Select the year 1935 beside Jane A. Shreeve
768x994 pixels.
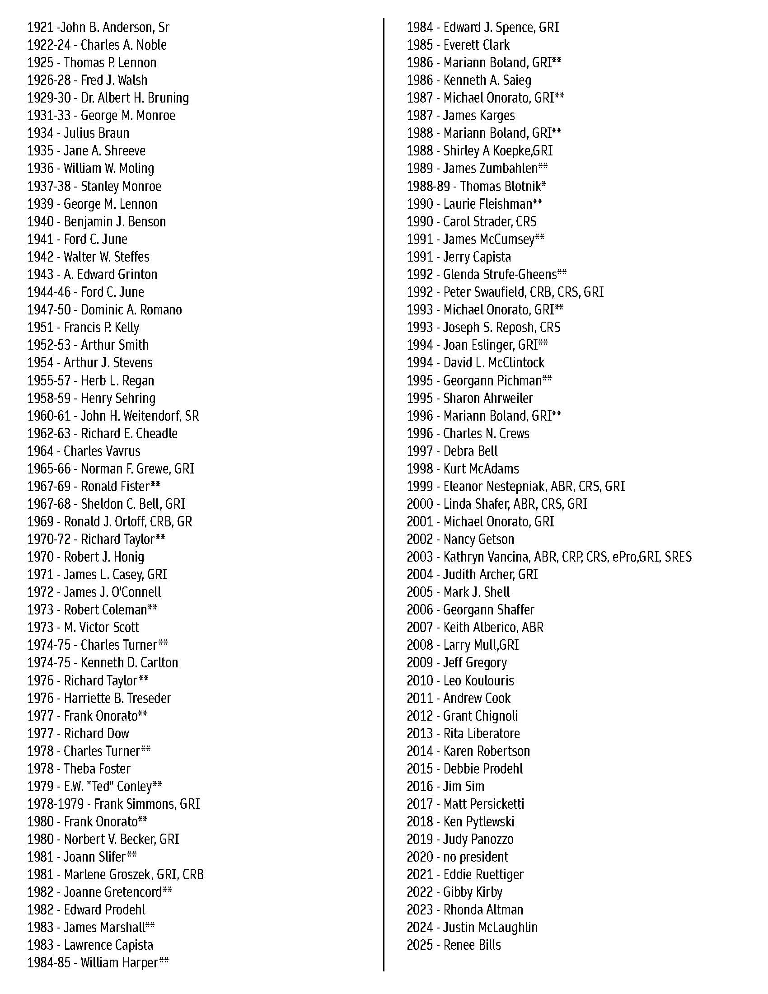coord(41,151)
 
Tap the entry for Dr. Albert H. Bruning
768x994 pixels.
coord(135,98)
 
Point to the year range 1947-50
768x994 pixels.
coord(49,310)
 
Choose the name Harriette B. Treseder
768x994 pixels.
coord(117,698)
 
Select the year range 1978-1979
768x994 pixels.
coord(56,804)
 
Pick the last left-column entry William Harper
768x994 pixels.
coord(119,962)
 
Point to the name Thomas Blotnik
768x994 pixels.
coord(501,187)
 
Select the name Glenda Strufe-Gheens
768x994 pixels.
coord(500,275)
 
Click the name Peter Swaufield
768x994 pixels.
coord(484,292)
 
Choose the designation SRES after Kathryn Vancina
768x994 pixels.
coord(678,557)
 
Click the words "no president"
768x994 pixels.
coord(475,857)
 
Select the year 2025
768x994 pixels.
coord(420,945)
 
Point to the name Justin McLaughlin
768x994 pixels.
coord(491,928)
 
